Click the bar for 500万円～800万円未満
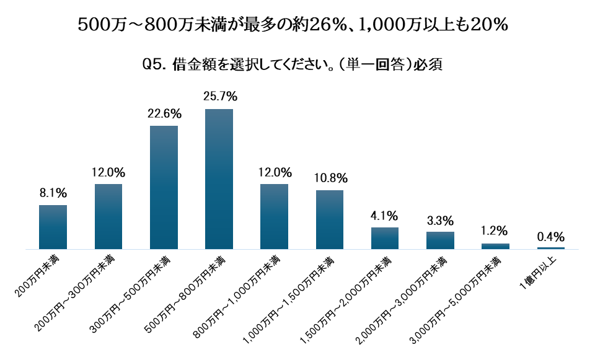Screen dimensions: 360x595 (x=219, y=179)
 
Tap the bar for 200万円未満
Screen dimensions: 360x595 (x=53, y=227)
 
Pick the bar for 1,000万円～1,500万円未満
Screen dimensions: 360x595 (x=330, y=219)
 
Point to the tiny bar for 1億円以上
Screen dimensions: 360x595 (x=550, y=248)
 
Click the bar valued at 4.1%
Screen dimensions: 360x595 (x=385, y=238)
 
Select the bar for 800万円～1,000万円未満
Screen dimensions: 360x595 (x=274, y=216)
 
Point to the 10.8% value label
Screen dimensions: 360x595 (x=330, y=178)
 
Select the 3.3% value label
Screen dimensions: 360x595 (x=440, y=220)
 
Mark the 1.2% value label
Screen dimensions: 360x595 (x=495, y=231)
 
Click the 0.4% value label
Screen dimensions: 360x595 (x=550, y=236)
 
